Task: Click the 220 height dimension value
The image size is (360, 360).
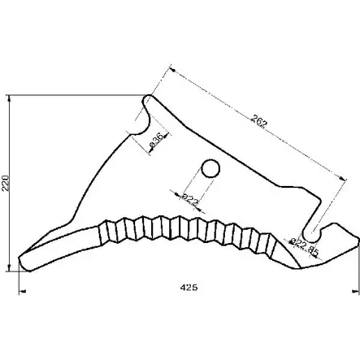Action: [x=7, y=186]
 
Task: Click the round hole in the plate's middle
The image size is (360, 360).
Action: [x=210, y=168]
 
